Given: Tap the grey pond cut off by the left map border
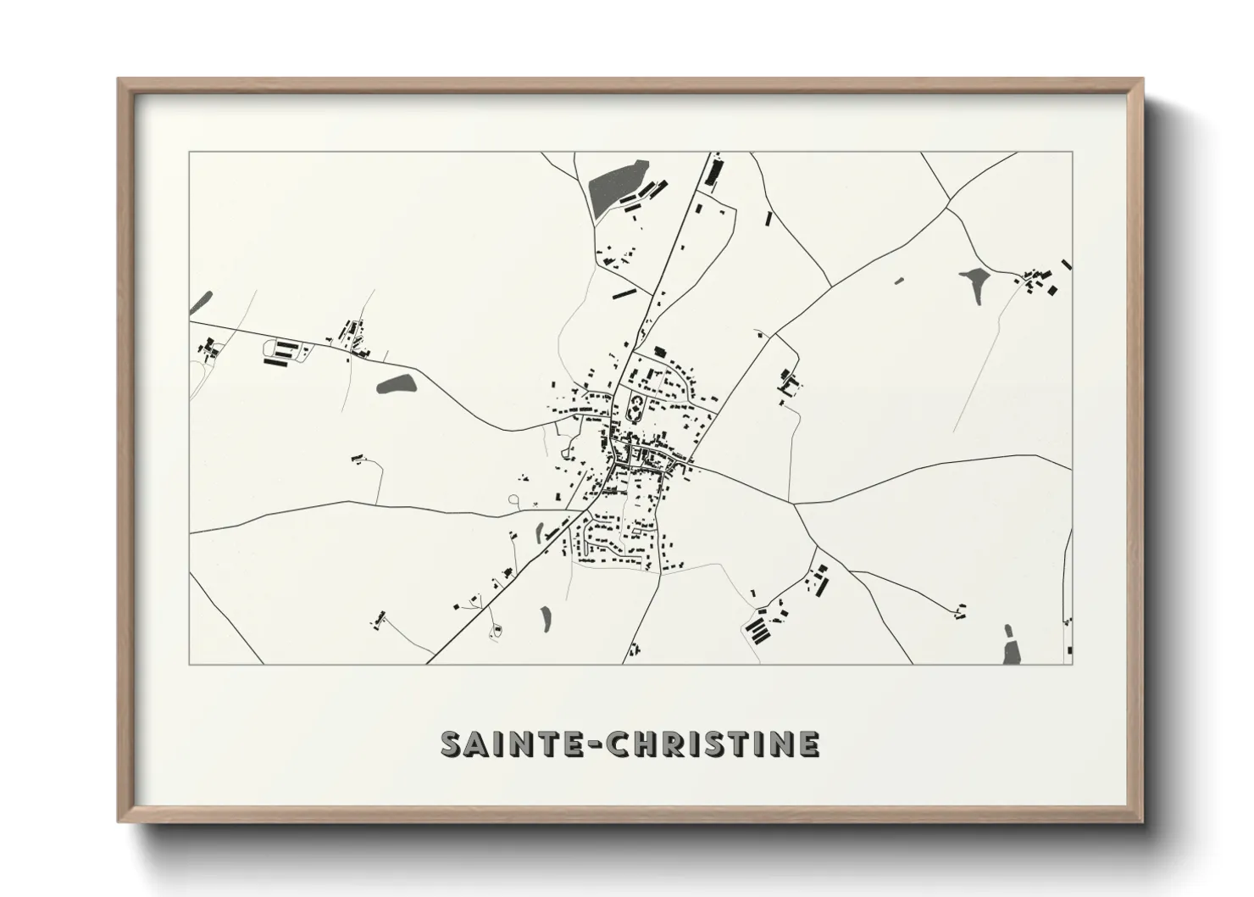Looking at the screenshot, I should click(201, 300).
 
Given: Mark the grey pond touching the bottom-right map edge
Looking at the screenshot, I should click(1011, 648).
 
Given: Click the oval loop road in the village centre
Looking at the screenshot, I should click(635, 411).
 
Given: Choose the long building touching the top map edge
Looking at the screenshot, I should click(714, 170).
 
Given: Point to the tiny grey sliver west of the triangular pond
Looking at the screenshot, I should click(899, 280).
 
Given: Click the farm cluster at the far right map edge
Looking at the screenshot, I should click(1042, 280).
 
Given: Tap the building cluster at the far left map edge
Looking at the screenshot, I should click(208, 348).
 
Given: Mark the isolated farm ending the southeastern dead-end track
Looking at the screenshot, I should click(959, 610).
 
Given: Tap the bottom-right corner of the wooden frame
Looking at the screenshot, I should click(1141, 821).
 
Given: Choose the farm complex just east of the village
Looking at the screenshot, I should click(790, 383).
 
